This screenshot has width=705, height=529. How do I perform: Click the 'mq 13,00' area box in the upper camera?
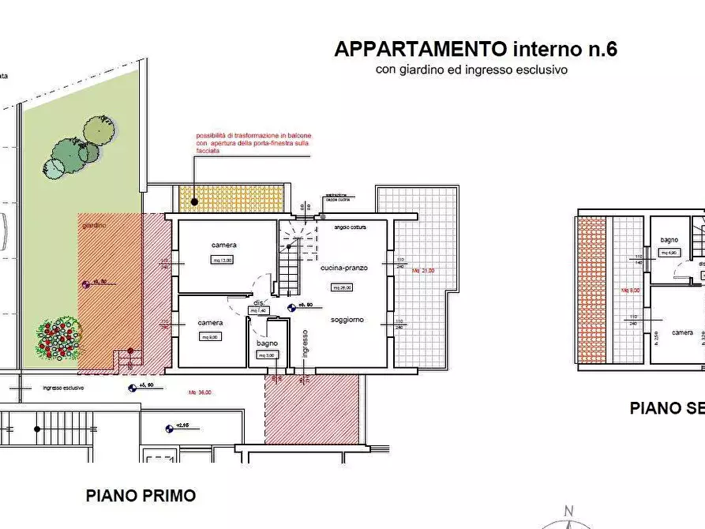(222, 260)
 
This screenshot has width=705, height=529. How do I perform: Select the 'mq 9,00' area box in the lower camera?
(210, 336)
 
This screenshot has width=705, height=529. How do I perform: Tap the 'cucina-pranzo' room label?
(343, 268)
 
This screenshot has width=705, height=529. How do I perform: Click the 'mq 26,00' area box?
(342, 287)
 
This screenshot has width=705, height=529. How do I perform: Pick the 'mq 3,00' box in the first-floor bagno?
(266, 356)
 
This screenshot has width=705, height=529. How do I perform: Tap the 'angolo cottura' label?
(351, 227)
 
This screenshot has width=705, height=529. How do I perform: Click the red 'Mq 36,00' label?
(199, 392)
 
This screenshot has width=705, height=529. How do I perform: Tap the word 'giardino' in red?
(94, 225)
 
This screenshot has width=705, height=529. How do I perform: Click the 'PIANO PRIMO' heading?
(141, 496)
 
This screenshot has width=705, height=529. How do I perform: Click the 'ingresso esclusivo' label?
(63, 388)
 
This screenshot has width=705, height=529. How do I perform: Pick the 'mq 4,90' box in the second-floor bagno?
(669, 253)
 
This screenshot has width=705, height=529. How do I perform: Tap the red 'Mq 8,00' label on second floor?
(630, 291)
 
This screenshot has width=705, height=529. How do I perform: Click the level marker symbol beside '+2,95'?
(170, 429)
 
